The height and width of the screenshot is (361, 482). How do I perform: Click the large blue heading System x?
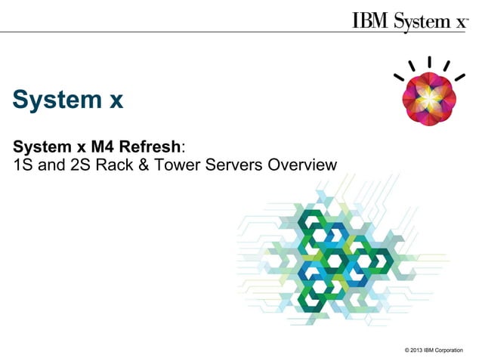tap(67, 100)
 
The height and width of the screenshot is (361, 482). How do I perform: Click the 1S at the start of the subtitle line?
tap(23, 164)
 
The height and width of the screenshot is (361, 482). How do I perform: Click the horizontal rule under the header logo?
tap(241, 32)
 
